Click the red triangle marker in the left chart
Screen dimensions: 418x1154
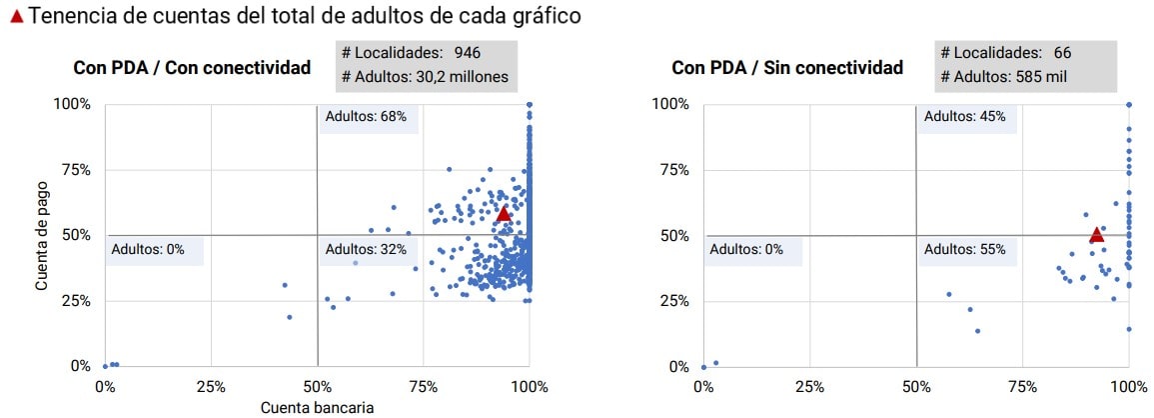pos(504,214)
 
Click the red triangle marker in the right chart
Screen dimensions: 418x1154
pos(1096,235)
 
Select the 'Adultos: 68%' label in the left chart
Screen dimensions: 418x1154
pos(366,117)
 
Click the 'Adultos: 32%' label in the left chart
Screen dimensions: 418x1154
pos(366,250)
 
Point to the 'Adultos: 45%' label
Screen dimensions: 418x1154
pos(964,117)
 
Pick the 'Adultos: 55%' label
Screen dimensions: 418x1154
pos(964,250)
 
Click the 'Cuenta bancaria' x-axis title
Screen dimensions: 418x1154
pos(317,408)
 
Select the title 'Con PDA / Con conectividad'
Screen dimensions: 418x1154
pos(192,68)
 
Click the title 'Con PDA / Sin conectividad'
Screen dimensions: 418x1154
pos(787,68)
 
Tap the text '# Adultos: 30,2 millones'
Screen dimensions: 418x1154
pos(425,76)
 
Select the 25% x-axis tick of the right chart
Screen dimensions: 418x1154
pos(810,387)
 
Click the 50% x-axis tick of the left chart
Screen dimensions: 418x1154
pos(317,387)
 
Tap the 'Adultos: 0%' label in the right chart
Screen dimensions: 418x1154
pos(746,250)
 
